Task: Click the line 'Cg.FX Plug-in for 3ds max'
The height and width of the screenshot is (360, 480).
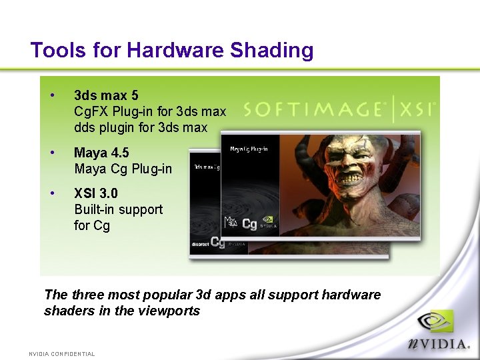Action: (x=150, y=111)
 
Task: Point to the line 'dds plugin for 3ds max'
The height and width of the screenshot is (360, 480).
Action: (x=141, y=127)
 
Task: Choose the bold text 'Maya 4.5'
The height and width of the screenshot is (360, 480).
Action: (x=101, y=153)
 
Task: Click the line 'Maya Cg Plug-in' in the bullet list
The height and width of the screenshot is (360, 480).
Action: (x=123, y=169)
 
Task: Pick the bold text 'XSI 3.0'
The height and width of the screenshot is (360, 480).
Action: (x=96, y=193)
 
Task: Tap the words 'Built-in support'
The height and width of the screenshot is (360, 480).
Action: (x=119, y=209)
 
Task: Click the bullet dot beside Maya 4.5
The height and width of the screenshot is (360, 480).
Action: (x=52, y=153)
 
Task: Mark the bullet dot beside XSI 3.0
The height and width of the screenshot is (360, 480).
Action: (x=52, y=193)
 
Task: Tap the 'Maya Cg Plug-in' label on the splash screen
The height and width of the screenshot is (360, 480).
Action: (x=249, y=149)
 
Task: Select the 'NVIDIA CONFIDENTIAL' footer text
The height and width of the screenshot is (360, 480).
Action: (x=61, y=354)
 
